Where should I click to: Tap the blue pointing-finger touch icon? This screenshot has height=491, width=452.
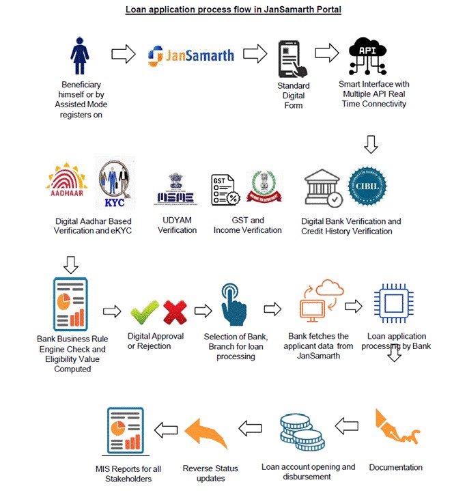click(234, 306)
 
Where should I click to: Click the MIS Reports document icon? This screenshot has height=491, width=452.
click(126, 432)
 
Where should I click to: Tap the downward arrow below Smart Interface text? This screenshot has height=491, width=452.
click(370, 144)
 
